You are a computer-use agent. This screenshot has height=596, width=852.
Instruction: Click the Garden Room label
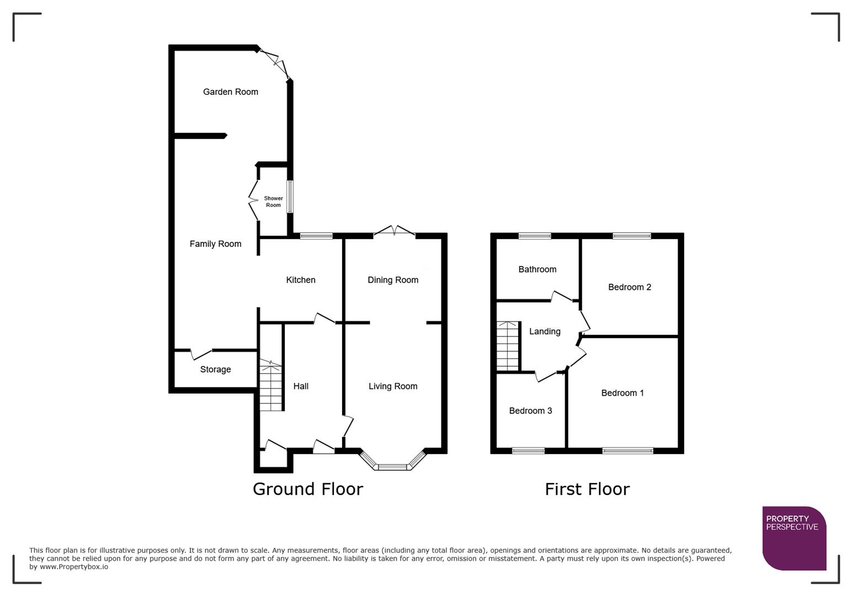coord(230,92)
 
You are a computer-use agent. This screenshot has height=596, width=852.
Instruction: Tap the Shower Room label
coord(273,201)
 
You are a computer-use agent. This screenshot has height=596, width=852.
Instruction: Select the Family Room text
coord(215,244)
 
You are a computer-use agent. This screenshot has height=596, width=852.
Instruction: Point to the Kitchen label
coord(301,280)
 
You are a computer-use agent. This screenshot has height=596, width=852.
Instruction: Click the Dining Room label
coord(393,280)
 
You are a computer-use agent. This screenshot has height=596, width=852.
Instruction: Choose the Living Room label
coord(393,386)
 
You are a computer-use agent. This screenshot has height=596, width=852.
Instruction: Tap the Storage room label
coord(215,370)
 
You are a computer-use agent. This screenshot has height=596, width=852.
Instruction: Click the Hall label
coord(301,386)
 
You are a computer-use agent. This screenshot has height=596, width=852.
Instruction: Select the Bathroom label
coord(537,269)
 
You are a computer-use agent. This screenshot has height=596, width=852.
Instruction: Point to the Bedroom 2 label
coord(630,287)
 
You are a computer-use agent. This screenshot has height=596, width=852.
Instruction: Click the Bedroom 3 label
coord(530,411)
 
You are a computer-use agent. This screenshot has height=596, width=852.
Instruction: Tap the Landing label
coord(545,331)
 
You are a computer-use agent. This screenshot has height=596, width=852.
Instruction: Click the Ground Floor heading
coord(308,489)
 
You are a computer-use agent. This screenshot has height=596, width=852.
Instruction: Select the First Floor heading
coord(587,489)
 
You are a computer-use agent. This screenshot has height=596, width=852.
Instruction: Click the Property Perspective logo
coord(794,538)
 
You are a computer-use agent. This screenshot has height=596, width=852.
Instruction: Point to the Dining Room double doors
coord(395,232)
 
